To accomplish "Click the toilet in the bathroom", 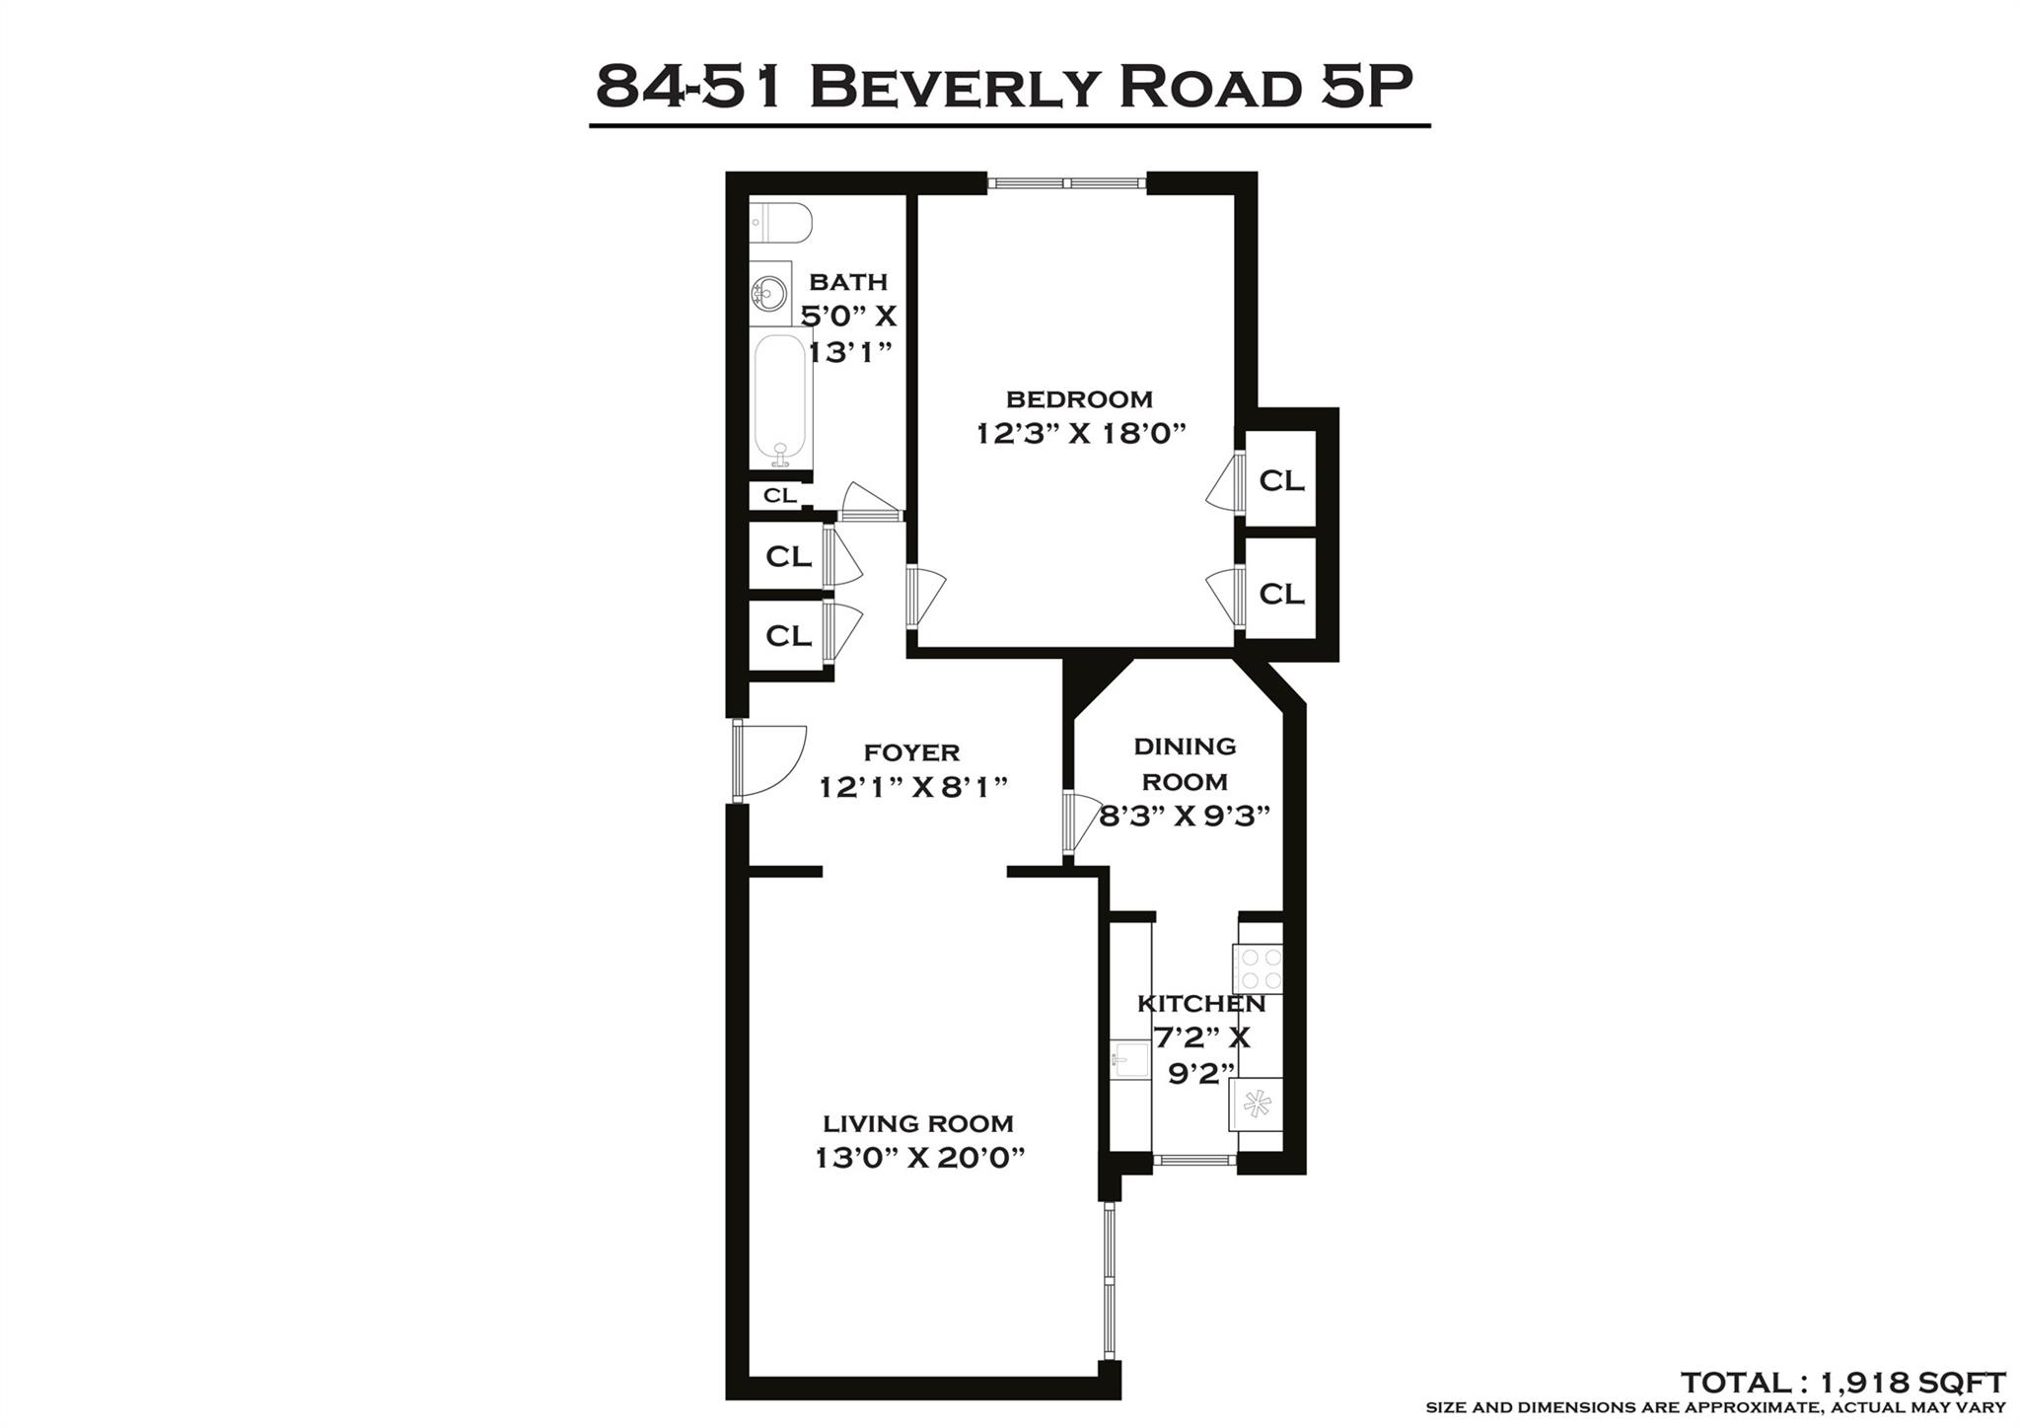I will pos(779,223).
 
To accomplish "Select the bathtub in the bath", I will pos(781,399).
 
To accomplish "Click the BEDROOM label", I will pos(1079,399).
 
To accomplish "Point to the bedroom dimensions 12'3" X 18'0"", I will pos(1080,434).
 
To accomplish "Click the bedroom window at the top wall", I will pos(1067,182).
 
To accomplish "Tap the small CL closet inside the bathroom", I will pos(779,495).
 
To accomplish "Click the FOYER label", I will pos(911,753).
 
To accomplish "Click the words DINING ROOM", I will pos(1185,763).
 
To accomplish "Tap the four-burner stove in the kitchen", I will pos(1259,968).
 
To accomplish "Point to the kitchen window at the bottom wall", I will pos(1194,1161).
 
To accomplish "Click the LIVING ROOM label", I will pos(918,1123).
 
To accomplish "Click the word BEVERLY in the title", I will pos(951,87).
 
